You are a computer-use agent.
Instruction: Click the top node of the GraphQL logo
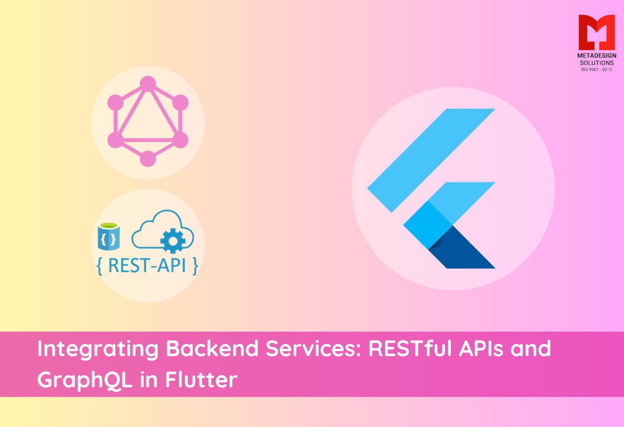[x=148, y=84]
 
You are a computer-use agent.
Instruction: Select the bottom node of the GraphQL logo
[x=148, y=158]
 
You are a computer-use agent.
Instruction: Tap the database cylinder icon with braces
[x=109, y=237]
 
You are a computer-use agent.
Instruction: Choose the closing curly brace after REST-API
[x=194, y=266]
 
